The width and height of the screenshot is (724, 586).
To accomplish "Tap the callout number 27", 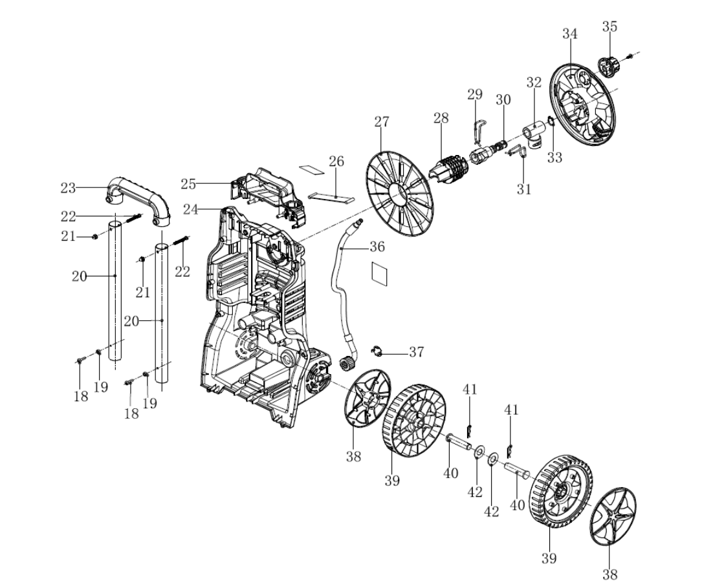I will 381,122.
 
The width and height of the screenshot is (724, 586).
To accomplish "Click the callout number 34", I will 569,34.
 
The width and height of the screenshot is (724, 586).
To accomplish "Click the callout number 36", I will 377,247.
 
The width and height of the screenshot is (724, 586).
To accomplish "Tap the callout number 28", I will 441,119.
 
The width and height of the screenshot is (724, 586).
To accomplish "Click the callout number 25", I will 188,184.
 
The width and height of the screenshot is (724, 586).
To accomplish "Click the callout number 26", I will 336,161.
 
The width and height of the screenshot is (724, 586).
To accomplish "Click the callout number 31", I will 523,189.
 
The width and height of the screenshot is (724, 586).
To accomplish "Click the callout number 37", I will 416,352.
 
